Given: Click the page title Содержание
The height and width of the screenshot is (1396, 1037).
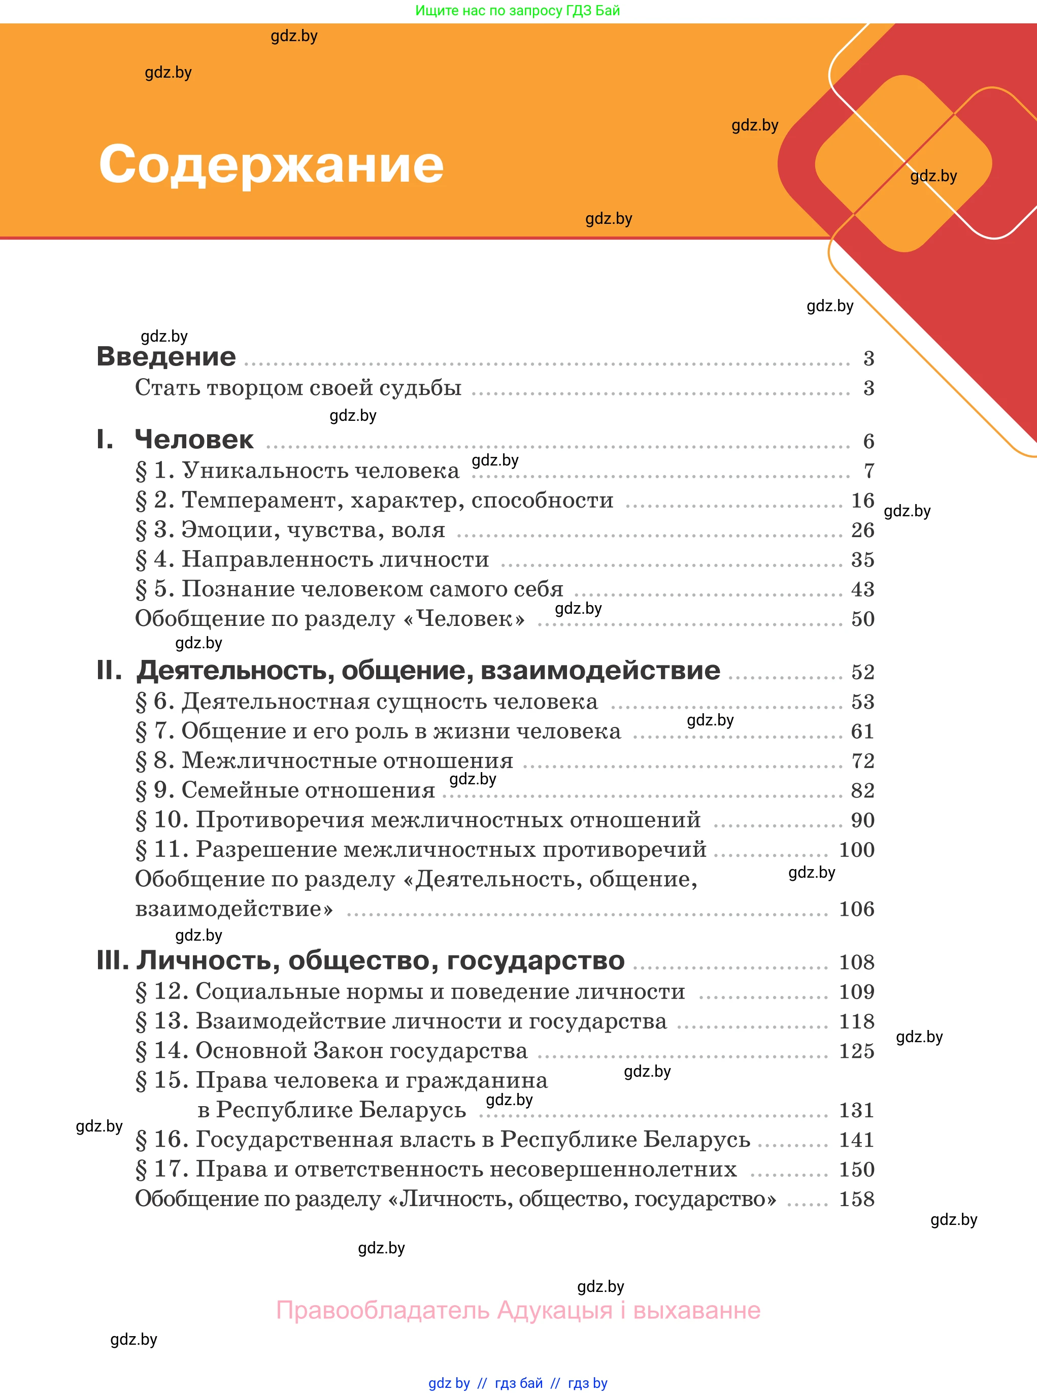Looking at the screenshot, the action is (271, 164).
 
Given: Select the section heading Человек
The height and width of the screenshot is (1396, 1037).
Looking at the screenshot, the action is (194, 440).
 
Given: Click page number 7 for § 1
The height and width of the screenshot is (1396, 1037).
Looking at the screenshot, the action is (869, 471).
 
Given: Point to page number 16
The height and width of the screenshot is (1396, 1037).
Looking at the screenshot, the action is (862, 500).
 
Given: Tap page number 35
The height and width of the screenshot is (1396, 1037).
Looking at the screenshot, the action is (862, 559).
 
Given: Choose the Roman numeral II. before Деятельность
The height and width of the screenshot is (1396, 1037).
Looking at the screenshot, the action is (109, 671).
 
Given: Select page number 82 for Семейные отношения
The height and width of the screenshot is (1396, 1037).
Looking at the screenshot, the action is (862, 790).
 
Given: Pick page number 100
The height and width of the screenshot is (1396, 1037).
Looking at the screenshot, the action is (856, 849).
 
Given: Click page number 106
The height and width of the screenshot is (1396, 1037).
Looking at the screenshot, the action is (856, 908).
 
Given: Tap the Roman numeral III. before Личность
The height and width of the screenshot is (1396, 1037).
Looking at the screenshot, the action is (112, 960).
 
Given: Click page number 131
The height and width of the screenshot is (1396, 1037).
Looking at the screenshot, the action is (856, 1110).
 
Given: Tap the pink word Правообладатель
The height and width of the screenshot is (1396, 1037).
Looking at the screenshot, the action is (383, 1310).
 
